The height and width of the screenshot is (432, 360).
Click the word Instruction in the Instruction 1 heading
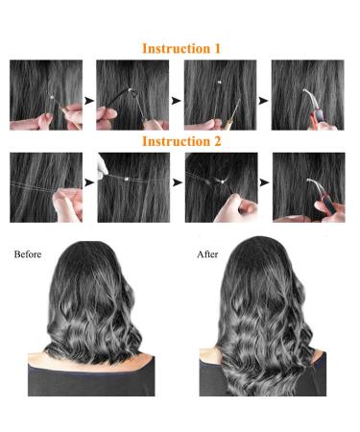click(174, 47)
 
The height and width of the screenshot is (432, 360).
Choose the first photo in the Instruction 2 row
click(45, 188)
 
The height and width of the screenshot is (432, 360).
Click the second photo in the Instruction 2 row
click(132, 188)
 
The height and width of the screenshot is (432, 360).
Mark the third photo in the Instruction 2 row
click(220, 188)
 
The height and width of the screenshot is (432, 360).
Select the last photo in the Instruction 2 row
click(308, 188)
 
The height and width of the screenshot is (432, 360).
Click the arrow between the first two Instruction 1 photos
click(88, 99)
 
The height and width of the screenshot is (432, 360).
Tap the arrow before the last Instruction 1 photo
click(264, 99)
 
